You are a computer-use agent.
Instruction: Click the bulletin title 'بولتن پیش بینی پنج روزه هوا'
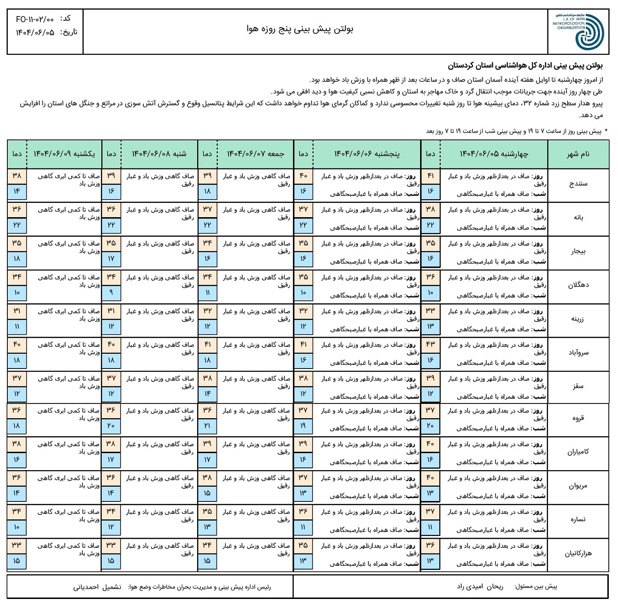300,29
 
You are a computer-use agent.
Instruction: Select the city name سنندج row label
578,184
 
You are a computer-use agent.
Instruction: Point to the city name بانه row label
578,218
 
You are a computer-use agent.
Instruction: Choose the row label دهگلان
578,285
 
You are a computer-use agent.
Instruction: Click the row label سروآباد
578,353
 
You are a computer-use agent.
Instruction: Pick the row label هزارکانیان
578,554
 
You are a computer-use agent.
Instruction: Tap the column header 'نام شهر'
578,154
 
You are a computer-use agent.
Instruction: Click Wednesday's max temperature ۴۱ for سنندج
430,176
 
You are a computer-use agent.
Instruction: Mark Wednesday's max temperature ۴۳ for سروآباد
430,345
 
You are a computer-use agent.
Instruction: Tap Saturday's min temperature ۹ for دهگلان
111,293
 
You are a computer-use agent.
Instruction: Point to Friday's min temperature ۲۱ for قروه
207,426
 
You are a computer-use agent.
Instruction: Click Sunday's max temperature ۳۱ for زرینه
17,311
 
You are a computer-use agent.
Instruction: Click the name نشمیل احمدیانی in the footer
97,587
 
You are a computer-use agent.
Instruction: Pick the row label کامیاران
578,452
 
